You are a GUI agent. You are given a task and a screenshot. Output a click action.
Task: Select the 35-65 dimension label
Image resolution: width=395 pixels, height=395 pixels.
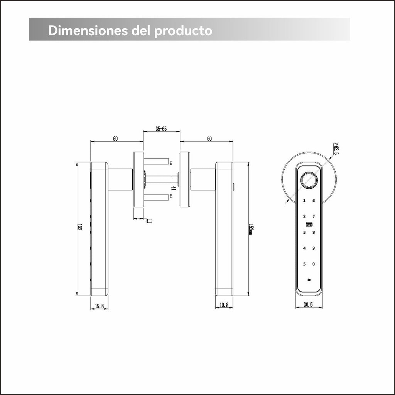tap(161, 129)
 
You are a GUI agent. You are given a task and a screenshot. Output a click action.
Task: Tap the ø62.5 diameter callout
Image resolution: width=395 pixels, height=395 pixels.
tap(336, 149)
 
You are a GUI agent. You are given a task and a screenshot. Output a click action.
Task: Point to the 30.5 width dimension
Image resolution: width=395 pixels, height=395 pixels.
tap(308, 305)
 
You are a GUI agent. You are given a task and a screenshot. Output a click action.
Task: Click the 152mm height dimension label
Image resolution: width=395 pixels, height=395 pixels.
tap(250, 229)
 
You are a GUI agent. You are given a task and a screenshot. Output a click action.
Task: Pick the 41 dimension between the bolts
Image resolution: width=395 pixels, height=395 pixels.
tap(173, 188)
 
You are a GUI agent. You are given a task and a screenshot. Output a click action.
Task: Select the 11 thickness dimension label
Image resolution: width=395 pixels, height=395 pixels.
tap(149, 221)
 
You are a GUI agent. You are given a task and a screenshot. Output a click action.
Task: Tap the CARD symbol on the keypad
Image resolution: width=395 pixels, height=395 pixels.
tap(309, 224)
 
